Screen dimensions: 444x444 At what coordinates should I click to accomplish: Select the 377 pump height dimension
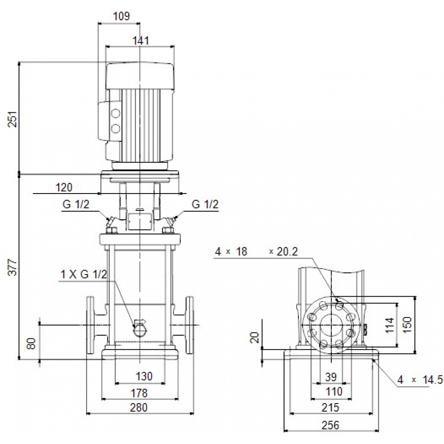tap(14, 266)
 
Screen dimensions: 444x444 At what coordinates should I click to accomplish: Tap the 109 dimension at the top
tap(121, 16)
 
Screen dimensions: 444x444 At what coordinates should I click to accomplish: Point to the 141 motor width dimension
tap(140, 40)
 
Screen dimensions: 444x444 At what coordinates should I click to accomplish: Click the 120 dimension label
tap(64, 187)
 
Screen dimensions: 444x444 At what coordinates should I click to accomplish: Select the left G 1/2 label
tap(75, 205)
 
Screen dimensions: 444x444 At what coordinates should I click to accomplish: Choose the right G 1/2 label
tap(205, 205)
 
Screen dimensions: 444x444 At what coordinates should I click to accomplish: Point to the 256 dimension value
tap(330, 425)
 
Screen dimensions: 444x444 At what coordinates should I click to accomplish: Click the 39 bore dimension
tap(331, 377)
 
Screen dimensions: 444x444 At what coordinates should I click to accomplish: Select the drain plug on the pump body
tap(140, 329)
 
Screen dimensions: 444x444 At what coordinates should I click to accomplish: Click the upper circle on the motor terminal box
tap(116, 114)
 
